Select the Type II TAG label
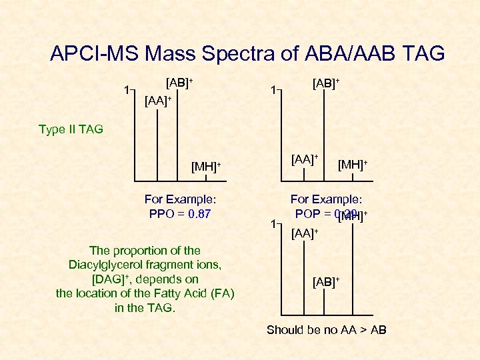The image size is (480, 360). [x=71, y=129]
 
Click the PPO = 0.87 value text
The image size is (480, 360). [x=181, y=214]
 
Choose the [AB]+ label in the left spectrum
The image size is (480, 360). [x=179, y=83]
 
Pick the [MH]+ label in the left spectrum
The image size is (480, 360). [x=205, y=165]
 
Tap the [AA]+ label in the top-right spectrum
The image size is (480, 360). [x=304, y=159]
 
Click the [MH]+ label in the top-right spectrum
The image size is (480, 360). [x=353, y=164]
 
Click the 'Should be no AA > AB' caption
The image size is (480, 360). [x=326, y=330]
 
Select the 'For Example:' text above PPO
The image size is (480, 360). [x=181, y=199]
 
